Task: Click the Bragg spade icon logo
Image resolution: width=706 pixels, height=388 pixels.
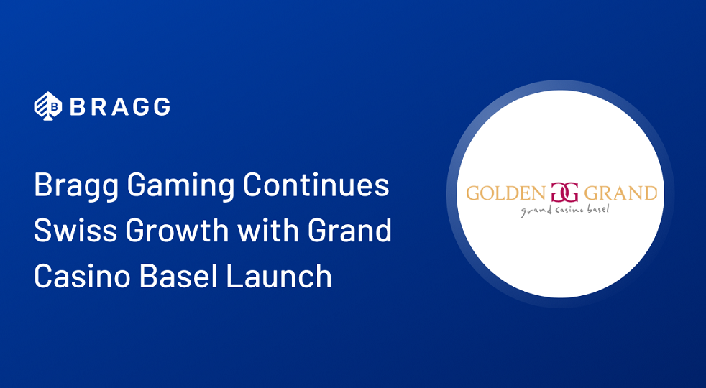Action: pyautogui.click(x=47, y=106)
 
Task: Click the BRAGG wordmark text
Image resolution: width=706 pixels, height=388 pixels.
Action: pyautogui.click(x=119, y=107)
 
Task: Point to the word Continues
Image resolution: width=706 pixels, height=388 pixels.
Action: pyautogui.click(x=316, y=187)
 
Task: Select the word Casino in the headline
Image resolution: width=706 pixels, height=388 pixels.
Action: pyautogui.click(x=78, y=276)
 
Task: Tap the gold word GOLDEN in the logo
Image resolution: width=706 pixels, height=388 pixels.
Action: pyautogui.click(x=505, y=193)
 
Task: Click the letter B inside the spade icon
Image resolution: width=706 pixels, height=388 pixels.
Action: pyautogui.click(x=49, y=108)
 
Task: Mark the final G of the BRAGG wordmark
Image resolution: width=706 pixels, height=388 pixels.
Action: pyautogui.click(x=161, y=107)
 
